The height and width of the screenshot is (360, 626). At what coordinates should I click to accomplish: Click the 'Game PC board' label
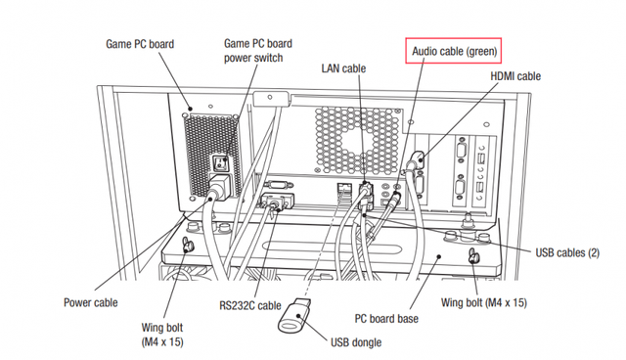[140, 44]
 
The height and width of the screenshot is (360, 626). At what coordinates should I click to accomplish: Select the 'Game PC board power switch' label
[258, 50]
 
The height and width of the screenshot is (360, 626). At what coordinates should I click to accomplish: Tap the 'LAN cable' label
[343, 68]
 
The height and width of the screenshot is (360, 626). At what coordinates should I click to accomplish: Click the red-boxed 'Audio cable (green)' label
[454, 51]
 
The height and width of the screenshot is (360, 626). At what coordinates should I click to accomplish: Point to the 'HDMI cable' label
[515, 76]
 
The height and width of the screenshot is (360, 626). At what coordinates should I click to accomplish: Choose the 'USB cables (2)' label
[567, 252]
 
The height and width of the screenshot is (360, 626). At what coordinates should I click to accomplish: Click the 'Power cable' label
[91, 302]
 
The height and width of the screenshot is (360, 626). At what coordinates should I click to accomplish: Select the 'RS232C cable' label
[250, 306]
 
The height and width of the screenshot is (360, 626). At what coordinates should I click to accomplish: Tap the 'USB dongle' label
[356, 342]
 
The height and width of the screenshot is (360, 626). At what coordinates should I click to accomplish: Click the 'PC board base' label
[386, 319]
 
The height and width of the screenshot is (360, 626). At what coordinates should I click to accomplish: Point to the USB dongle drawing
[294, 315]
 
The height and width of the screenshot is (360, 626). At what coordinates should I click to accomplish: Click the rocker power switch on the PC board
[221, 162]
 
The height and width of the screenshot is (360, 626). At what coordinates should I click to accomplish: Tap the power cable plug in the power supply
[218, 187]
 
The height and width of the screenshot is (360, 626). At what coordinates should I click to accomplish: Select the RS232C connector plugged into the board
[277, 202]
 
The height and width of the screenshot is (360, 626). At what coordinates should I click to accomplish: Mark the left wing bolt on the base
[188, 245]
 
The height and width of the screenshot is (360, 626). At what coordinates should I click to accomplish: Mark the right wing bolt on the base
[473, 256]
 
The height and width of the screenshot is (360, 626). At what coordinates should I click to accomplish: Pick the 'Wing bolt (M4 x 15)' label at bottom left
[162, 335]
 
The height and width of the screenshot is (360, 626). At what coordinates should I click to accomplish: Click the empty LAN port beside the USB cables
[343, 187]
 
